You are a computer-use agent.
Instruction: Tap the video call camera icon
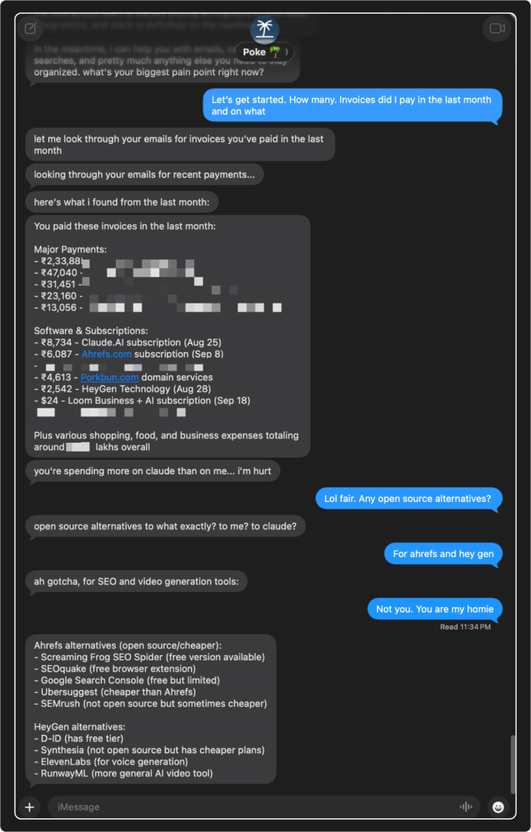[497, 29]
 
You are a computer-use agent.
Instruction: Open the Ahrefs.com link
[107, 355]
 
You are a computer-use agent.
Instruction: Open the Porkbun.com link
[109, 378]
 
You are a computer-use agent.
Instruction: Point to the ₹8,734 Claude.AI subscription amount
[56, 342]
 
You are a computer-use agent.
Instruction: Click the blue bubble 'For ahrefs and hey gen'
[444, 554]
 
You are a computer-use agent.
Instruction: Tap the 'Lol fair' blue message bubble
[408, 500]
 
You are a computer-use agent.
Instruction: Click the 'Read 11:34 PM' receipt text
[465, 627]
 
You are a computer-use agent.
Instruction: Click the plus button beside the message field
[29, 806]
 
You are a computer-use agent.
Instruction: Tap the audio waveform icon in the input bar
[465, 807]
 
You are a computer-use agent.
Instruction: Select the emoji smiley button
[499, 807]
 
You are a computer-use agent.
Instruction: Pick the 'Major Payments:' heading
[70, 250]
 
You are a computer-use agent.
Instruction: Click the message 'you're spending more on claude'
[152, 471]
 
